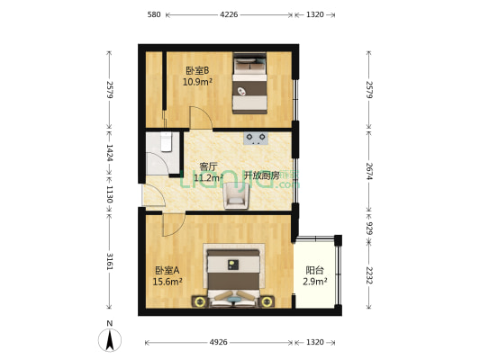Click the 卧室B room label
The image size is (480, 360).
pos(197,71)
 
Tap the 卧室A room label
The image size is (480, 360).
pos(168,270)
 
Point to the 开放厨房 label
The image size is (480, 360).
pos(261,175)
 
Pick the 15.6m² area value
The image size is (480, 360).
pos(168,282)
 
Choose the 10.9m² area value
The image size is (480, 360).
pos(197,82)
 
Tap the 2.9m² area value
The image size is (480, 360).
pos(314,282)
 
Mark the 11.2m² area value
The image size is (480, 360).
pos(208,178)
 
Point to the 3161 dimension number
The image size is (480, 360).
pos(109,262)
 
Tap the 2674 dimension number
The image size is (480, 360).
pos(369,171)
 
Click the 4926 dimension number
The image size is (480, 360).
pos(220,342)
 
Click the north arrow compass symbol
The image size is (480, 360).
pos(109,339)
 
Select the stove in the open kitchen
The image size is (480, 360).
pos(255,139)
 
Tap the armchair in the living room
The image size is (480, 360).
pos(236,194)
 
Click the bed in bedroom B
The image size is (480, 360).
pos(250,84)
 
